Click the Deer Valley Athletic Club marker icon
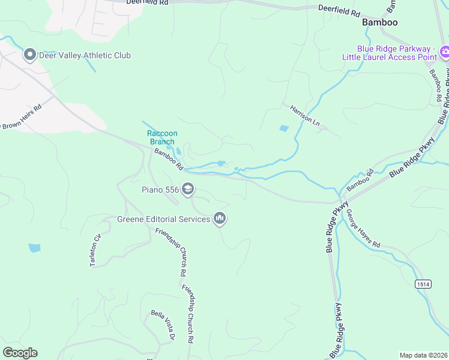[29, 55]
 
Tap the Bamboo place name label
[380, 22]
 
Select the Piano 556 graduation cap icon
[188, 190]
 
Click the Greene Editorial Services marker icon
[220, 219]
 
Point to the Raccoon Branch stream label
[162, 137]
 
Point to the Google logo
[20, 353]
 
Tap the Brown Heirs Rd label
[22, 117]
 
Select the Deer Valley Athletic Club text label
[85, 55]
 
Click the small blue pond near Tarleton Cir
[34, 247]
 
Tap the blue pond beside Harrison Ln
[284, 128]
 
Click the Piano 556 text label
[160, 190]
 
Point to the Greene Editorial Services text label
[164, 219]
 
